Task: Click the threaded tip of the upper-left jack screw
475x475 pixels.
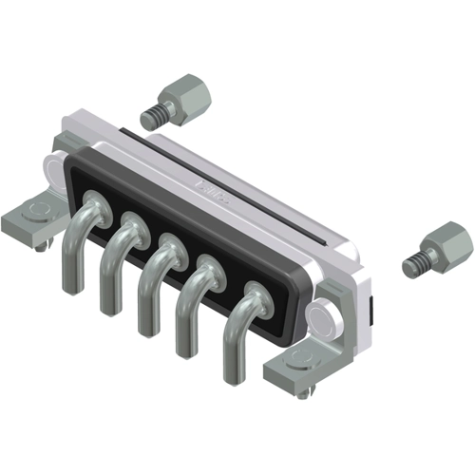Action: [x=151, y=117]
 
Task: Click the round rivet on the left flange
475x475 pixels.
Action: [x=55, y=172]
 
